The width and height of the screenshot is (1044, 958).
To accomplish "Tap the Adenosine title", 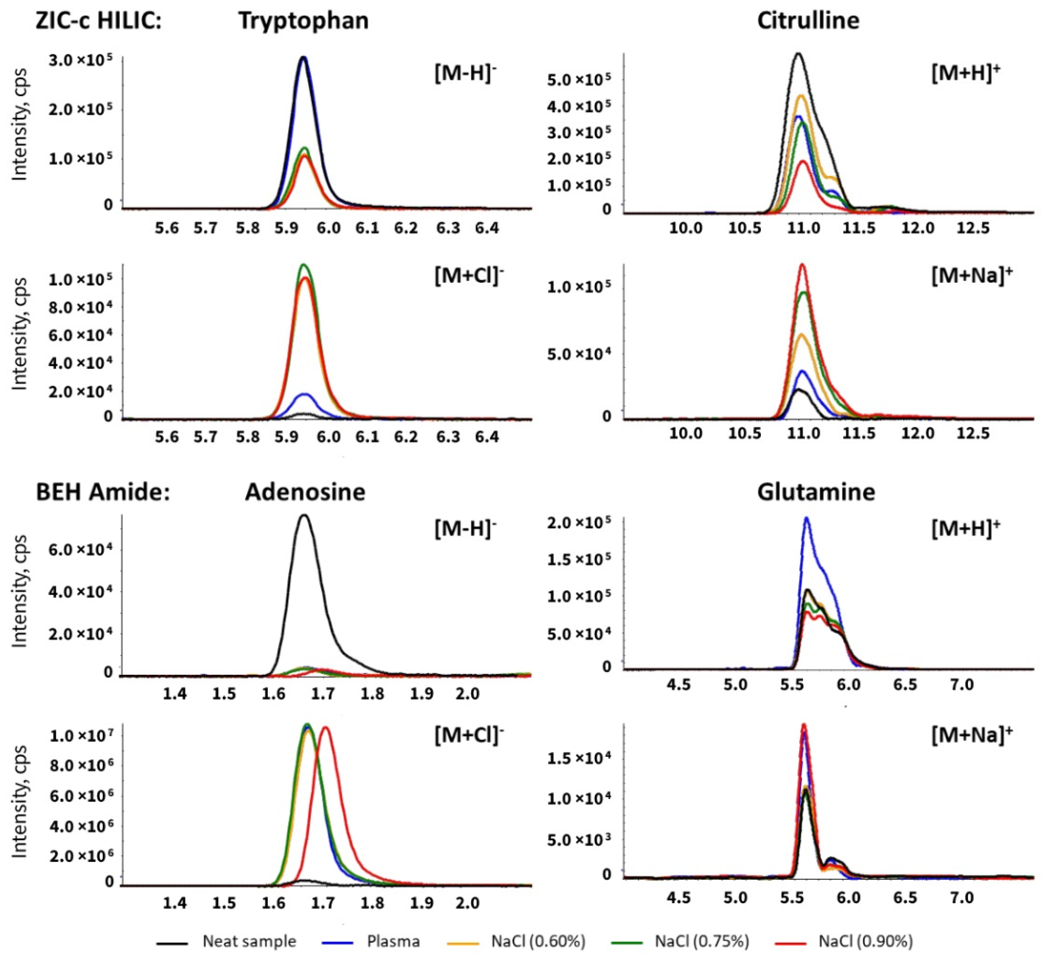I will pyautogui.click(x=305, y=491).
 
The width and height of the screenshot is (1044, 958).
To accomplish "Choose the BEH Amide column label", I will pyautogui.click(x=103, y=491).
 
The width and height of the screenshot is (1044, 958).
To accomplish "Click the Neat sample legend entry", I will pyautogui.click(x=249, y=941).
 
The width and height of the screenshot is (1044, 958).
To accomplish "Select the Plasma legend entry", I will pyautogui.click(x=393, y=941).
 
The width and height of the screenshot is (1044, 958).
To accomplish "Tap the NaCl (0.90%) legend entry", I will pyautogui.click(x=865, y=941).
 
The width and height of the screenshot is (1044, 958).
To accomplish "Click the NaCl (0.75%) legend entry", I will pyautogui.click(x=701, y=941).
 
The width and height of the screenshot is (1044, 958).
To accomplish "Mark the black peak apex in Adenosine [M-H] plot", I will pyautogui.click(x=304, y=515).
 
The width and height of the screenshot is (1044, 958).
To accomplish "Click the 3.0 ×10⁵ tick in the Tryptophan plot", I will pyautogui.click(x=80, y=61).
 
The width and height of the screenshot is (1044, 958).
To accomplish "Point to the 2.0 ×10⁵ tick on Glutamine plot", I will pyautogui.click(x=579, y=523).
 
